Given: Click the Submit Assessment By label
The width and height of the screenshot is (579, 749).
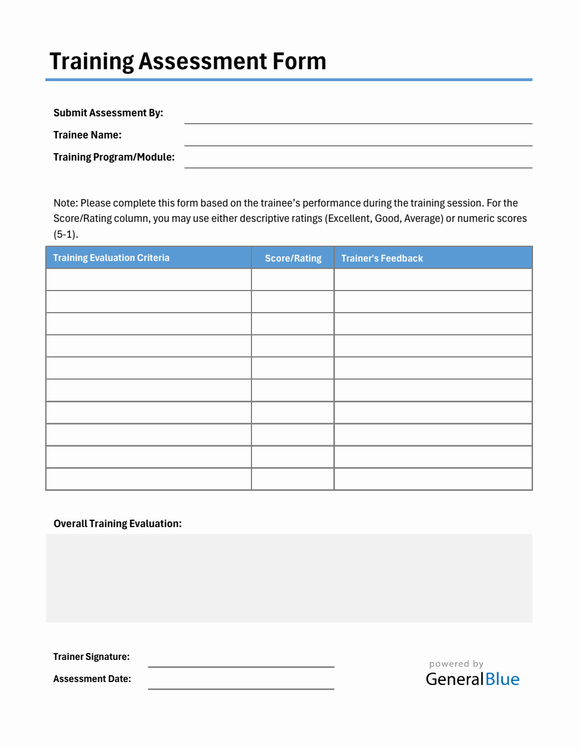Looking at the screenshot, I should click(108, 113).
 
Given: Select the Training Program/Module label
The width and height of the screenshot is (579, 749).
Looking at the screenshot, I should click(114, 157).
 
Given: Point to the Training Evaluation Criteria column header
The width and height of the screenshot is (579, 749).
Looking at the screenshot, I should click(111, 258).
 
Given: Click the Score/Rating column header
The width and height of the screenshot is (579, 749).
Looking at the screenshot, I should click(293, 258).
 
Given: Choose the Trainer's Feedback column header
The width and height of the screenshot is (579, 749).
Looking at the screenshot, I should click(382, 258).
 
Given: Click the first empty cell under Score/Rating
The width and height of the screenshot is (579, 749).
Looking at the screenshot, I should click(292, 280).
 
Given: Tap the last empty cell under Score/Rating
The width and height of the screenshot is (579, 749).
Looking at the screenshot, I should click(292, 479).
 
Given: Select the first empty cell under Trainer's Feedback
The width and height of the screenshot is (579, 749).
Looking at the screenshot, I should click(433, 280).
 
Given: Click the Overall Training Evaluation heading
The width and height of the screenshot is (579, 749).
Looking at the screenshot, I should click(118, 524).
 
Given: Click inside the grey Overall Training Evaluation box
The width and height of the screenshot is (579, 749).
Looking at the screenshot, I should click(289, 578).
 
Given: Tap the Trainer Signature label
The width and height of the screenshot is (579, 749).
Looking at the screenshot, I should click(91, 657).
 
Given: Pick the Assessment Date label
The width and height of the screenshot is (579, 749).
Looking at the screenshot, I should click(92, 679).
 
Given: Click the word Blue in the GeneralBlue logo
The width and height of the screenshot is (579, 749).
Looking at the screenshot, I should click(502, 679).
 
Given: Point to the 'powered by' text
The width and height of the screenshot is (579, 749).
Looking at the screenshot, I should click(456, 664).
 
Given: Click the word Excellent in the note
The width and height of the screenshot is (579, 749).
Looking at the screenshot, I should click(348, 218).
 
